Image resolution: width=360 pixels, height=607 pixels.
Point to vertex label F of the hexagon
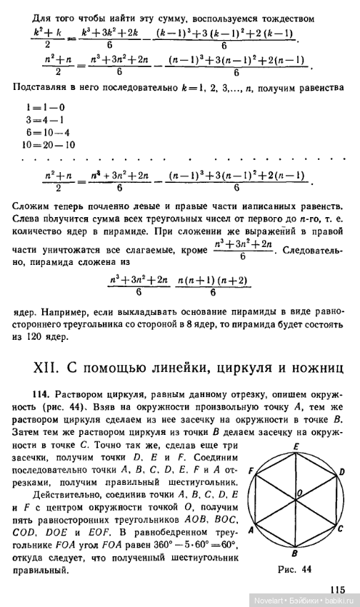point(252,472)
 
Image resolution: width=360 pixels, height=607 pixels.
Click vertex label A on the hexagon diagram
point(251,530)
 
